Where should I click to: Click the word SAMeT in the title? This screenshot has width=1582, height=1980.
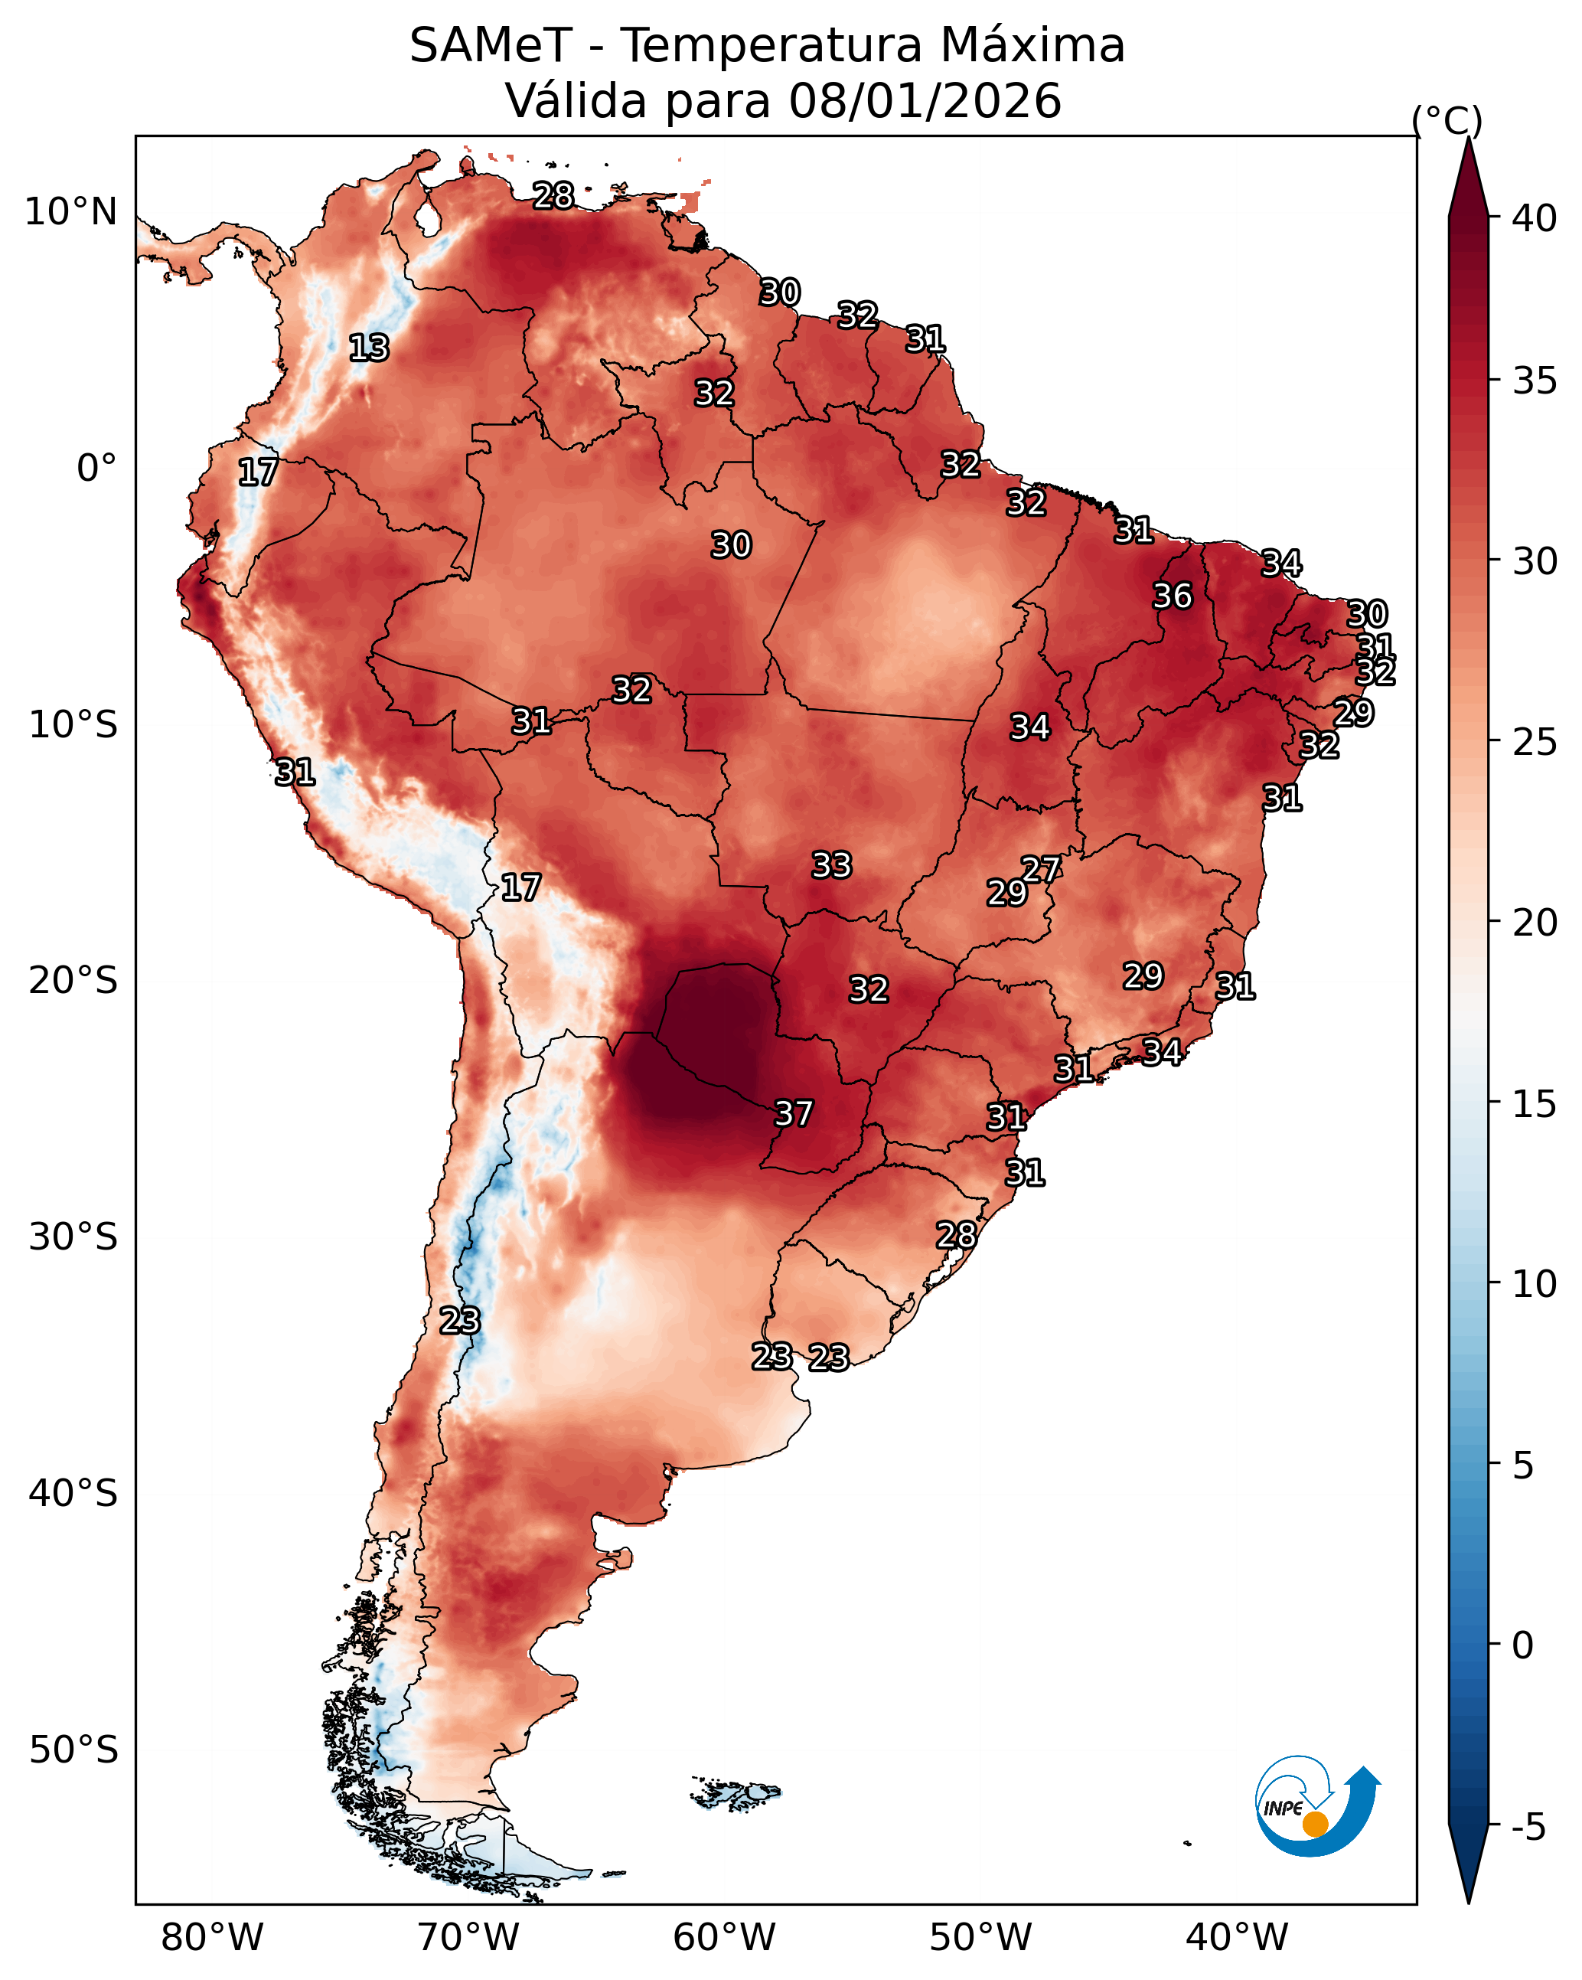[491, 46]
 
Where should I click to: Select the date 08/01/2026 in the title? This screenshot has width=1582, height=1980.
[925, 101]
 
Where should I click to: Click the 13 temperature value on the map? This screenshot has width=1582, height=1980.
[369, 348]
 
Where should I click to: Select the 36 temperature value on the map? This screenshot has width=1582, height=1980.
[1173, 596]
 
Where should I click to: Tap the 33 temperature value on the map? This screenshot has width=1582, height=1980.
[832, 865]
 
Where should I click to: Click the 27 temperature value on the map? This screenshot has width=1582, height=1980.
[1041, 869]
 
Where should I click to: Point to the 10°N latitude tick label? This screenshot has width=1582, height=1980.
[70, 212]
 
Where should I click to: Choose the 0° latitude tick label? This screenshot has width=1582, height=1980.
[97, 469]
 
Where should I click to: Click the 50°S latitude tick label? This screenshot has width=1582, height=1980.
[73, 1750]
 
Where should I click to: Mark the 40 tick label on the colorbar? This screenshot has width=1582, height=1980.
[1535, 218]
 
